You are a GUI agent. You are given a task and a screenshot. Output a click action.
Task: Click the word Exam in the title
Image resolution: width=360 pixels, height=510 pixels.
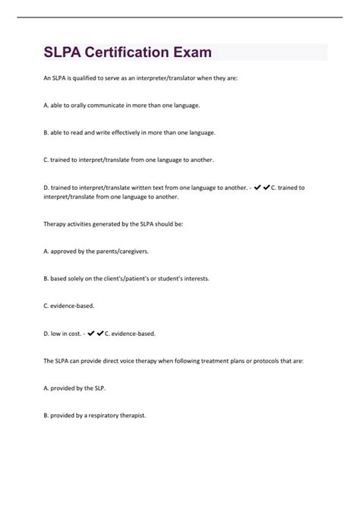pyautogui.click(x=191, y=53)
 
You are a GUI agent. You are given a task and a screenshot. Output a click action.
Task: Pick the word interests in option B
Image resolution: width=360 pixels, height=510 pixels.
pyautogui.click(x=191, y=278)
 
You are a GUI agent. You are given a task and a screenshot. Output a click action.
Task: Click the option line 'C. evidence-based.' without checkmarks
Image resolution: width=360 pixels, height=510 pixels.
pyautogui.click(x=53, y=306)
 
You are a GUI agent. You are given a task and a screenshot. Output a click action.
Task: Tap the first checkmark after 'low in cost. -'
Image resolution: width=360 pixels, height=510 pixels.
pyautogui.click(x=92, y=333)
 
